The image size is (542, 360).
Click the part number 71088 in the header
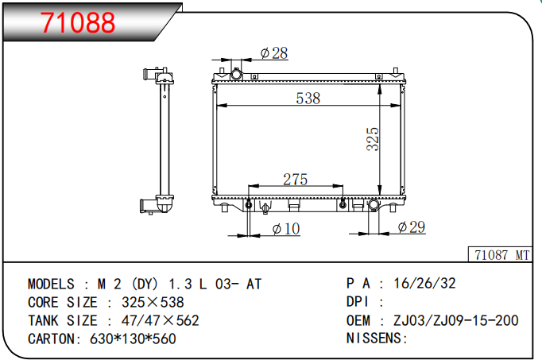pyautogui.click(x=78, y=23)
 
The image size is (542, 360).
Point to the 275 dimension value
pyautogui.click(x=295, y=180)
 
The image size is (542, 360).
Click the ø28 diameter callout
pyautogui.click(x=274, y=53)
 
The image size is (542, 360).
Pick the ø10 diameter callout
pyautogui.click(x=286, y=229)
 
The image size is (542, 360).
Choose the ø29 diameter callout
pyautogui.click(x=411, y=227)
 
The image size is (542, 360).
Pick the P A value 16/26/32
pyautogui.click(x=424, y=284)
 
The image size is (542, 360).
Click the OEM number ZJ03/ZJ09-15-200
pyautogui.click(x=455, y=320)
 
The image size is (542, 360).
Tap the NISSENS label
pyautogui.click(x=377, y=339)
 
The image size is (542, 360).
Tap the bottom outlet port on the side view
pyautogui.click(x=149, y=206)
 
